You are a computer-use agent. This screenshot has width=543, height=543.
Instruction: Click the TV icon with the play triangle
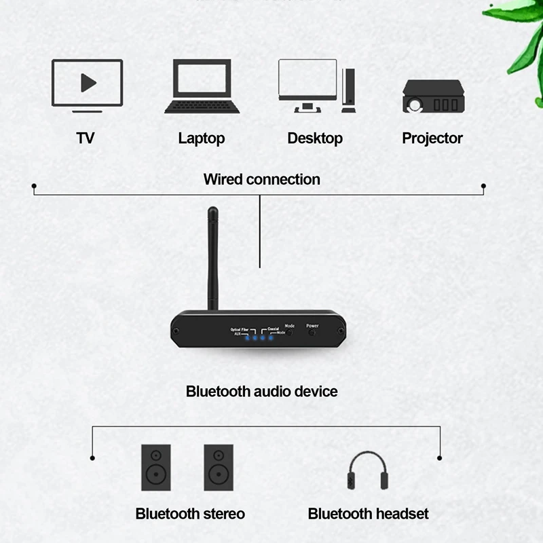coord(87,85)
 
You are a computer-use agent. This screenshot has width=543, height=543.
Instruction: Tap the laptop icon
coord(202,86)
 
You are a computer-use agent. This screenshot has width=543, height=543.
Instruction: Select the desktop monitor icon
coord(307,85)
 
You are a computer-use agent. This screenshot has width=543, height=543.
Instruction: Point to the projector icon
coord(433,96)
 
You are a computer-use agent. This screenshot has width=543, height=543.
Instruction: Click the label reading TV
coord(86,138)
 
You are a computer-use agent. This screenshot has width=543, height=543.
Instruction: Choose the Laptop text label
coord(202,138)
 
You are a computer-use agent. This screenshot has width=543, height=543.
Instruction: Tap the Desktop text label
coord(315,138)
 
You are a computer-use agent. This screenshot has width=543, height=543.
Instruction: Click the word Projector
coord(432,138)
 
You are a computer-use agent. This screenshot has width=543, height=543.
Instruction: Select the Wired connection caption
coord(261,179)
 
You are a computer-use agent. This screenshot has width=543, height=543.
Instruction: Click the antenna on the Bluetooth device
coord(214,258)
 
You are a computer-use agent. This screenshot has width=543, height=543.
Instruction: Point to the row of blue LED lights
coord(259,337)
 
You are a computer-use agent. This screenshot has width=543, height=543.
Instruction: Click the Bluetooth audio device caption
coord(261,392)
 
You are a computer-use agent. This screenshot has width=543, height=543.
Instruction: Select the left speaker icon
coord(156,467)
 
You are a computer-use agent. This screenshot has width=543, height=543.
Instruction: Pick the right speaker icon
coord(219,467)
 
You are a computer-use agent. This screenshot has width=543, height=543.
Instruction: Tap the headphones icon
coord(367,471)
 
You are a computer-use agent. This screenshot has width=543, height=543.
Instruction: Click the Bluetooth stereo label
coord(190,514)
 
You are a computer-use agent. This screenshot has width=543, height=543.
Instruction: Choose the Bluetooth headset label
coord(368,514)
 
